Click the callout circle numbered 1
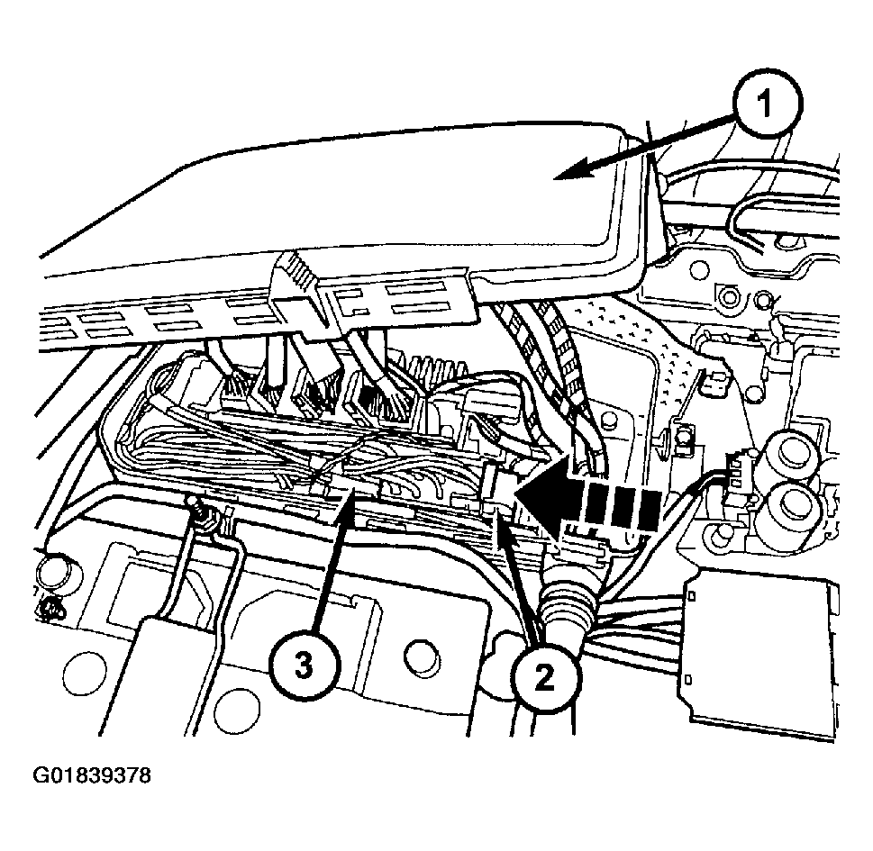766,103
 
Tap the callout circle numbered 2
543,677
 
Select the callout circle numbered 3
304,665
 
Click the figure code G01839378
92,774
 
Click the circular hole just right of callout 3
422,659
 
